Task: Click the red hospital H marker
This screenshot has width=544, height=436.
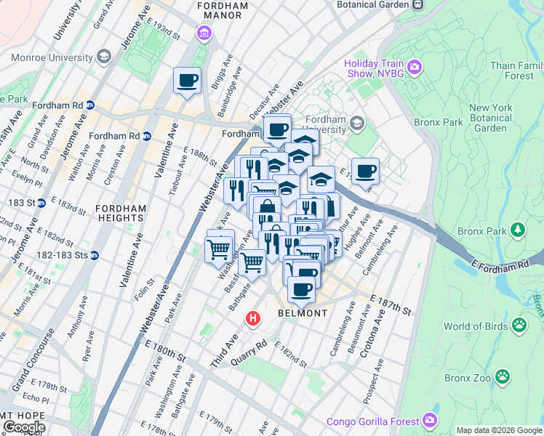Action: [253, 318]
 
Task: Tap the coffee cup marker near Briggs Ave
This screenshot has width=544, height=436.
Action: [187, 80]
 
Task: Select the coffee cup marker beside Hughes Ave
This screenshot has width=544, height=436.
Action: [365, 171]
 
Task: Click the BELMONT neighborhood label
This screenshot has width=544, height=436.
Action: [303, 313]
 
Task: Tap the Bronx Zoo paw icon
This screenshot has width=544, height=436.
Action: [503, 376]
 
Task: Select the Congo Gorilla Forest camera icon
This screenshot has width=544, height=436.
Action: [430, 421]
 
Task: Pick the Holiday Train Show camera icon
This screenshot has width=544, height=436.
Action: [415, 68]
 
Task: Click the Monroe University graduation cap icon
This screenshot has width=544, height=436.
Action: [104, 56]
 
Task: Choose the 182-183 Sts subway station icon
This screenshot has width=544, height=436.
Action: [95, 255]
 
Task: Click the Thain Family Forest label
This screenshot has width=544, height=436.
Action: [516, 70]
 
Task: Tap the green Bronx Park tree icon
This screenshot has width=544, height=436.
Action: [517, 230]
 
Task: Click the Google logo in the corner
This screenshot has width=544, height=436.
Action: [25, 427]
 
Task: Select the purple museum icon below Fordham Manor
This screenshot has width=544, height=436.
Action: [203, 33]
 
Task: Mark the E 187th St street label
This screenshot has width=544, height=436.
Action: [391, 305]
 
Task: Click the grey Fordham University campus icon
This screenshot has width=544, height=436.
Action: [356, 122]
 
